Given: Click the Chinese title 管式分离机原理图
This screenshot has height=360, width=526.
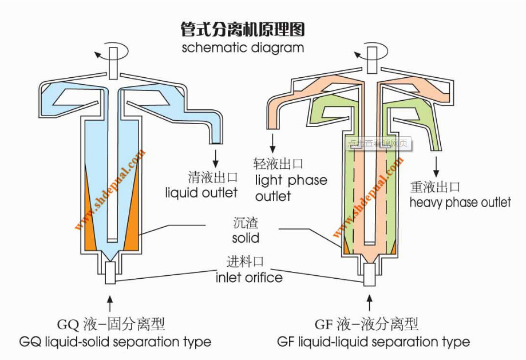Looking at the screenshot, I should (242, 29).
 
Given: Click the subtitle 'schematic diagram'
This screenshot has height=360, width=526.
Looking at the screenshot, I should (243, 48).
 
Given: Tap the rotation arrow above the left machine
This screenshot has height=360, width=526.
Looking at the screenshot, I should (104, 55).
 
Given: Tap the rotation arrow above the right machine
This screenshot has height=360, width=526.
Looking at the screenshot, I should (362, 55).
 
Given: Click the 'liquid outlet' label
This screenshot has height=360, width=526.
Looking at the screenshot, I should (201, 192).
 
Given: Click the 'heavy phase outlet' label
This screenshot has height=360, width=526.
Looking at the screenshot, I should (460, 202).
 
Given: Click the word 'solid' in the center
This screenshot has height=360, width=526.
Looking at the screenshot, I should (246, 237).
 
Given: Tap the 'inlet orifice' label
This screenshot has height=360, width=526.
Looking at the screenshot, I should (249, 278).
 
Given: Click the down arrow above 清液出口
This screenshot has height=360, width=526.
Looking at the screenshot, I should (216, 156).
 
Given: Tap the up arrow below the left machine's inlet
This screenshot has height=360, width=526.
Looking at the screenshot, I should (110, 302).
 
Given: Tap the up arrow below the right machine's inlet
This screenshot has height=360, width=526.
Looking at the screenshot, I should (369, 301).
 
